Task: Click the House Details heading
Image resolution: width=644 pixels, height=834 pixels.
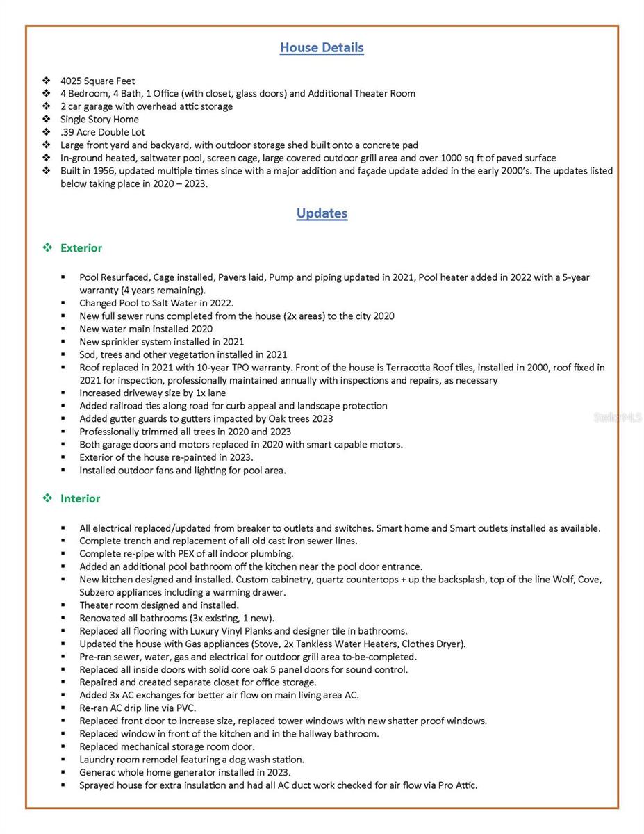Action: [322, 48]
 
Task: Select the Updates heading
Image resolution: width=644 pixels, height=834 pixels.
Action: [322, 213]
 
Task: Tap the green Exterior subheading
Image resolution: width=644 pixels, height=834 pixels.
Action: [81, 248]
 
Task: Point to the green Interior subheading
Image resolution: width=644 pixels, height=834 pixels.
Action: [80, 499]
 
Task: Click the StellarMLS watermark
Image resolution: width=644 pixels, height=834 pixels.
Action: [618, 418]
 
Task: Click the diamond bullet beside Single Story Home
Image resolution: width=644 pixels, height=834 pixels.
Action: [47, 120]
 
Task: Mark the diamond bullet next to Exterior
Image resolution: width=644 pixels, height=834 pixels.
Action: [47, 248]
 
